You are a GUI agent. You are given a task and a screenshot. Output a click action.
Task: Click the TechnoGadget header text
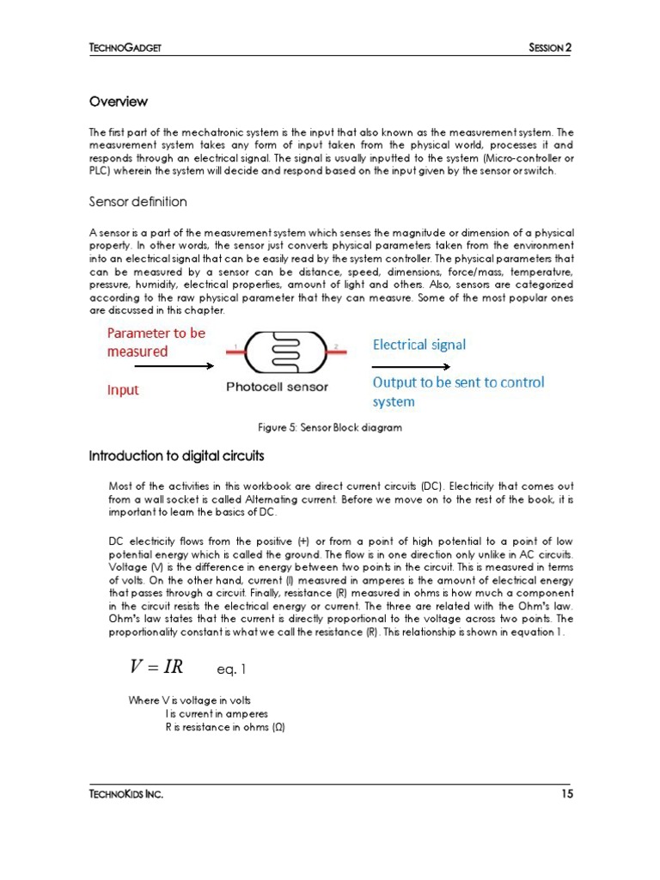tap(125, 47)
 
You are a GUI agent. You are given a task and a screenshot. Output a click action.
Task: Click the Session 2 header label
tap(549, 47)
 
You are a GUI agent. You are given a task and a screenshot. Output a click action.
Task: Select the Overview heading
tap(119, 101)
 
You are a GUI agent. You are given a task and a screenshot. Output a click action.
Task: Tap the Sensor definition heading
tap(137, 202)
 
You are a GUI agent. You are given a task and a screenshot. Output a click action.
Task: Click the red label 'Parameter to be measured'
tap(156, 342)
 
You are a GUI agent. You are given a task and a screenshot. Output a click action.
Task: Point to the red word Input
tap(123, 389)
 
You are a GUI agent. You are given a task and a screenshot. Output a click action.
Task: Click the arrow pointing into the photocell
tap(163, 366)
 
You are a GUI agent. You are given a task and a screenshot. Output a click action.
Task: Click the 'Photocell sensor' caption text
tap(277, 387)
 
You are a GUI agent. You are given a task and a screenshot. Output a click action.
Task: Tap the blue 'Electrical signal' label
tap(419, 345)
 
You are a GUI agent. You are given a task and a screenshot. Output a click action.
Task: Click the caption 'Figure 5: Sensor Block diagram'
tap(330, 427)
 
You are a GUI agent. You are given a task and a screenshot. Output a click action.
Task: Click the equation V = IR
tap(156, 667)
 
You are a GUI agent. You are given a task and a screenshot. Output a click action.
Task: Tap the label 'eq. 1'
tap(232, 669)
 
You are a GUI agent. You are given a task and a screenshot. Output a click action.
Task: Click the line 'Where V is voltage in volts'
tap(189, 700)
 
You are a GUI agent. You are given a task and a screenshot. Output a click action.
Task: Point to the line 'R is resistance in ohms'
tap(225, 727)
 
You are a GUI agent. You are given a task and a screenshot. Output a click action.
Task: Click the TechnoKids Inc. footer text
tap(126, 794)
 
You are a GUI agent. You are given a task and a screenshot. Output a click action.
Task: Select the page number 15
tap(566, 794)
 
